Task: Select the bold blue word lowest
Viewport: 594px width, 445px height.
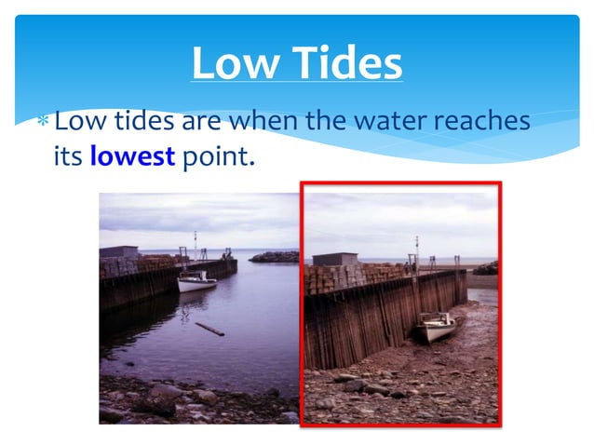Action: tap(132, 155)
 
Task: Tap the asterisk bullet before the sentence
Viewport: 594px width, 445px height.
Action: tap(42, 122)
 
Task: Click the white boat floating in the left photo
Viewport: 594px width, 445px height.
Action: tap(197, 280)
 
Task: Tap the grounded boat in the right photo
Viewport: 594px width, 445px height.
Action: tap(436, 326)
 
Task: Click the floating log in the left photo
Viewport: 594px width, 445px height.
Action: tap(209, 329)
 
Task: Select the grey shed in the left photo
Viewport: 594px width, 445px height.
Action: tap(118, 251)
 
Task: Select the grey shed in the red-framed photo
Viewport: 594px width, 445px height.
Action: tap(336, 259)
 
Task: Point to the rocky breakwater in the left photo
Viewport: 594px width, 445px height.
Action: tap(275, 257)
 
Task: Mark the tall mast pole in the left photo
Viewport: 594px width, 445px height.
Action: tap(195, 247)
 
